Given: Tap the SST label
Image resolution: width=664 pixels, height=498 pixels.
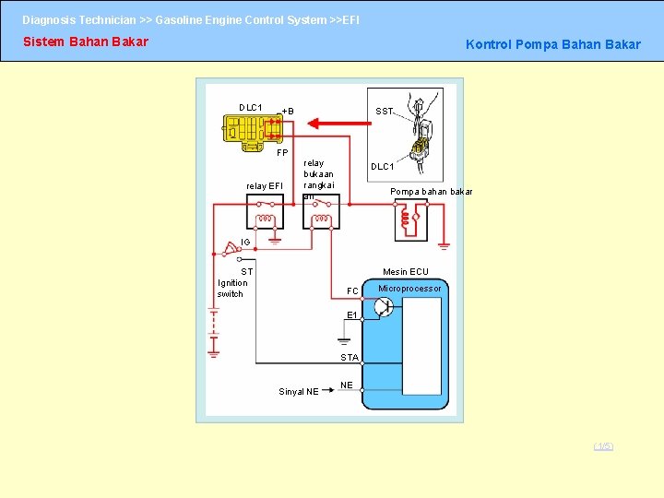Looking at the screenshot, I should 384,111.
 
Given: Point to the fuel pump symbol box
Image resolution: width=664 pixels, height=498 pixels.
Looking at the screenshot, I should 411,220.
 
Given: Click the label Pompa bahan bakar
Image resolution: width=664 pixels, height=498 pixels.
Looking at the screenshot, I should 431,192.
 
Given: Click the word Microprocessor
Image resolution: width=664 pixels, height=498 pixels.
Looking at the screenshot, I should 409,289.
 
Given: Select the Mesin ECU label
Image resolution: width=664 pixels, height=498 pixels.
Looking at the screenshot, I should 406,272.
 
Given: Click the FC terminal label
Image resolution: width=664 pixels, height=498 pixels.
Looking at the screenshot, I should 352,291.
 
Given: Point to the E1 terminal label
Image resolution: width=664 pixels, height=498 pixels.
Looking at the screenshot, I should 351,315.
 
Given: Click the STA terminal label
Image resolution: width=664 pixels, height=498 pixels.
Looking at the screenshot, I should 350,357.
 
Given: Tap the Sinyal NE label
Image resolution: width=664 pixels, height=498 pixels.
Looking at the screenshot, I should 299,392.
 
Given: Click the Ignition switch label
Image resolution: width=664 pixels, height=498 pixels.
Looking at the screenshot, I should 232,289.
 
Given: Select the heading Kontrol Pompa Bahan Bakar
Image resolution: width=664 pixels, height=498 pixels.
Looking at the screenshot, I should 552,44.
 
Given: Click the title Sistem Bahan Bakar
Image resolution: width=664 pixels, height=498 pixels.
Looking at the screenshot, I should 85,41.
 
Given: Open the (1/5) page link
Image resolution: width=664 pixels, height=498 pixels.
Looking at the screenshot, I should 603,446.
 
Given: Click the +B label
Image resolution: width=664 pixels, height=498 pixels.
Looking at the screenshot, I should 288,112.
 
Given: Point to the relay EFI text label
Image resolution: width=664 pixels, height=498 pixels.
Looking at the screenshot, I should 264,186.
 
